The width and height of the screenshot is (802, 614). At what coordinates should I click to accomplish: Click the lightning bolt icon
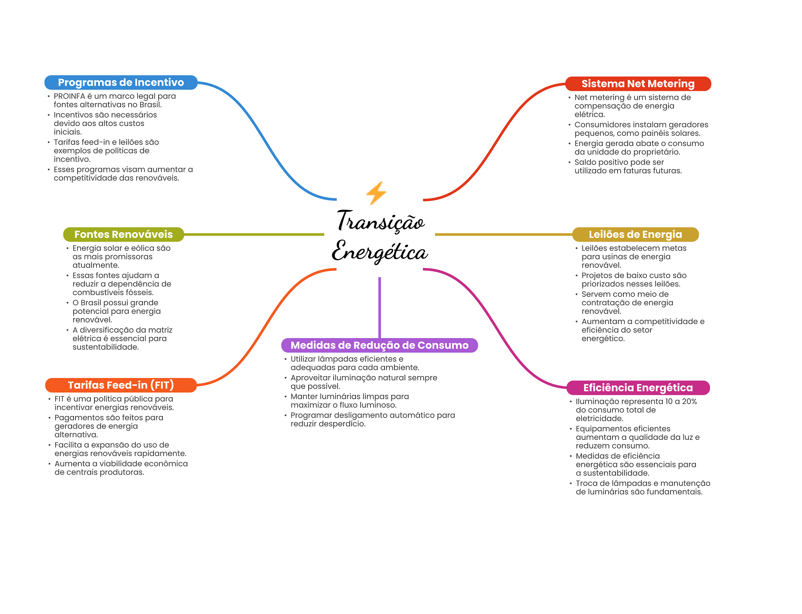click(x=376, y=193)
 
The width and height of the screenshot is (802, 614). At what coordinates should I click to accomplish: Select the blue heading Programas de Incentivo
click(x=121, y=83)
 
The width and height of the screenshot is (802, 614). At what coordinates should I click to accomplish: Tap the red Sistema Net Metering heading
click(x=638, y=84)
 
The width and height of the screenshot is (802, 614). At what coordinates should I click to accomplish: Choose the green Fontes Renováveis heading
click(x=123, y=234)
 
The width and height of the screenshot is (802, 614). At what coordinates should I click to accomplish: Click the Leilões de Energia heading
click(x=635, y=234)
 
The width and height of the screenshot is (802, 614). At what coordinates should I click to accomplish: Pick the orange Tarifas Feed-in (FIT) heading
click(x=121, y=385)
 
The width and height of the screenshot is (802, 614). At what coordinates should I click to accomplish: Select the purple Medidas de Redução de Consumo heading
click(x=379, y=345)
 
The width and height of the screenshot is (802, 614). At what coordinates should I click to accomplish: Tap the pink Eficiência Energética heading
click(x=638, y=388)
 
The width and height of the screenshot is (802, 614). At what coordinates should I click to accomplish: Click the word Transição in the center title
click(x=381, y=221)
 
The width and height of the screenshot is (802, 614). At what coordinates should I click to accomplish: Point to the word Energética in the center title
click(x=380, y=251)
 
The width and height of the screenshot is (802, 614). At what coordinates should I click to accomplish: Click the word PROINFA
click(x=69, y=96)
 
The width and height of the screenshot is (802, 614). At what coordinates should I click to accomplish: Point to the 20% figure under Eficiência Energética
click(x=689, y=402)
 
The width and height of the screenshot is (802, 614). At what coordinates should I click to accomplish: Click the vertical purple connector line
click(x=379, y=308)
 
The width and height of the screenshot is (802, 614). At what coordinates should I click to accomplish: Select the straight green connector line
click(x=254, y=234)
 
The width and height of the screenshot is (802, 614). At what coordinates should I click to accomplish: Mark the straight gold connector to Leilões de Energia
click(x=504, y=234)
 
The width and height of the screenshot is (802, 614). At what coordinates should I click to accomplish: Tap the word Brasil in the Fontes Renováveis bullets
click(x=91, y=303)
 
